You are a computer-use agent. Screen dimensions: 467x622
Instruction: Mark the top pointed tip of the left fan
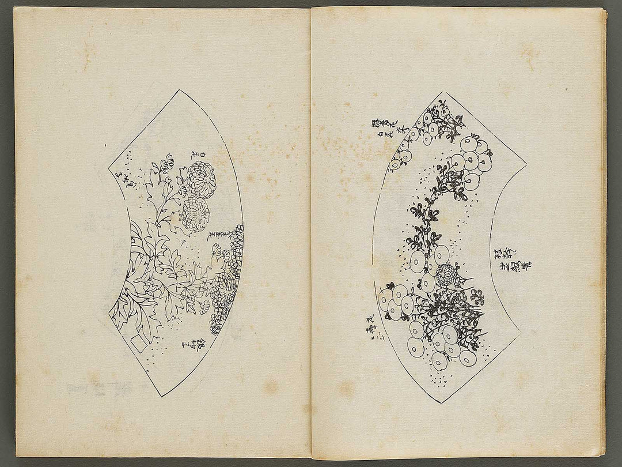click(x=180, y=91)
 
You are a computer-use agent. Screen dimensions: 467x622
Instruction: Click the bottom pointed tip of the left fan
click(x=163, y=397)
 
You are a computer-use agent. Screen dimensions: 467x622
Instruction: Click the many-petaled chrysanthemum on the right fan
click(x=447, y=276)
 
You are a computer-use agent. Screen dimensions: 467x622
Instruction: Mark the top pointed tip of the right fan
click(x=443, y=92)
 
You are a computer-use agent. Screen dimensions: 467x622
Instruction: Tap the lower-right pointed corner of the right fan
click(x=519, y=334)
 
